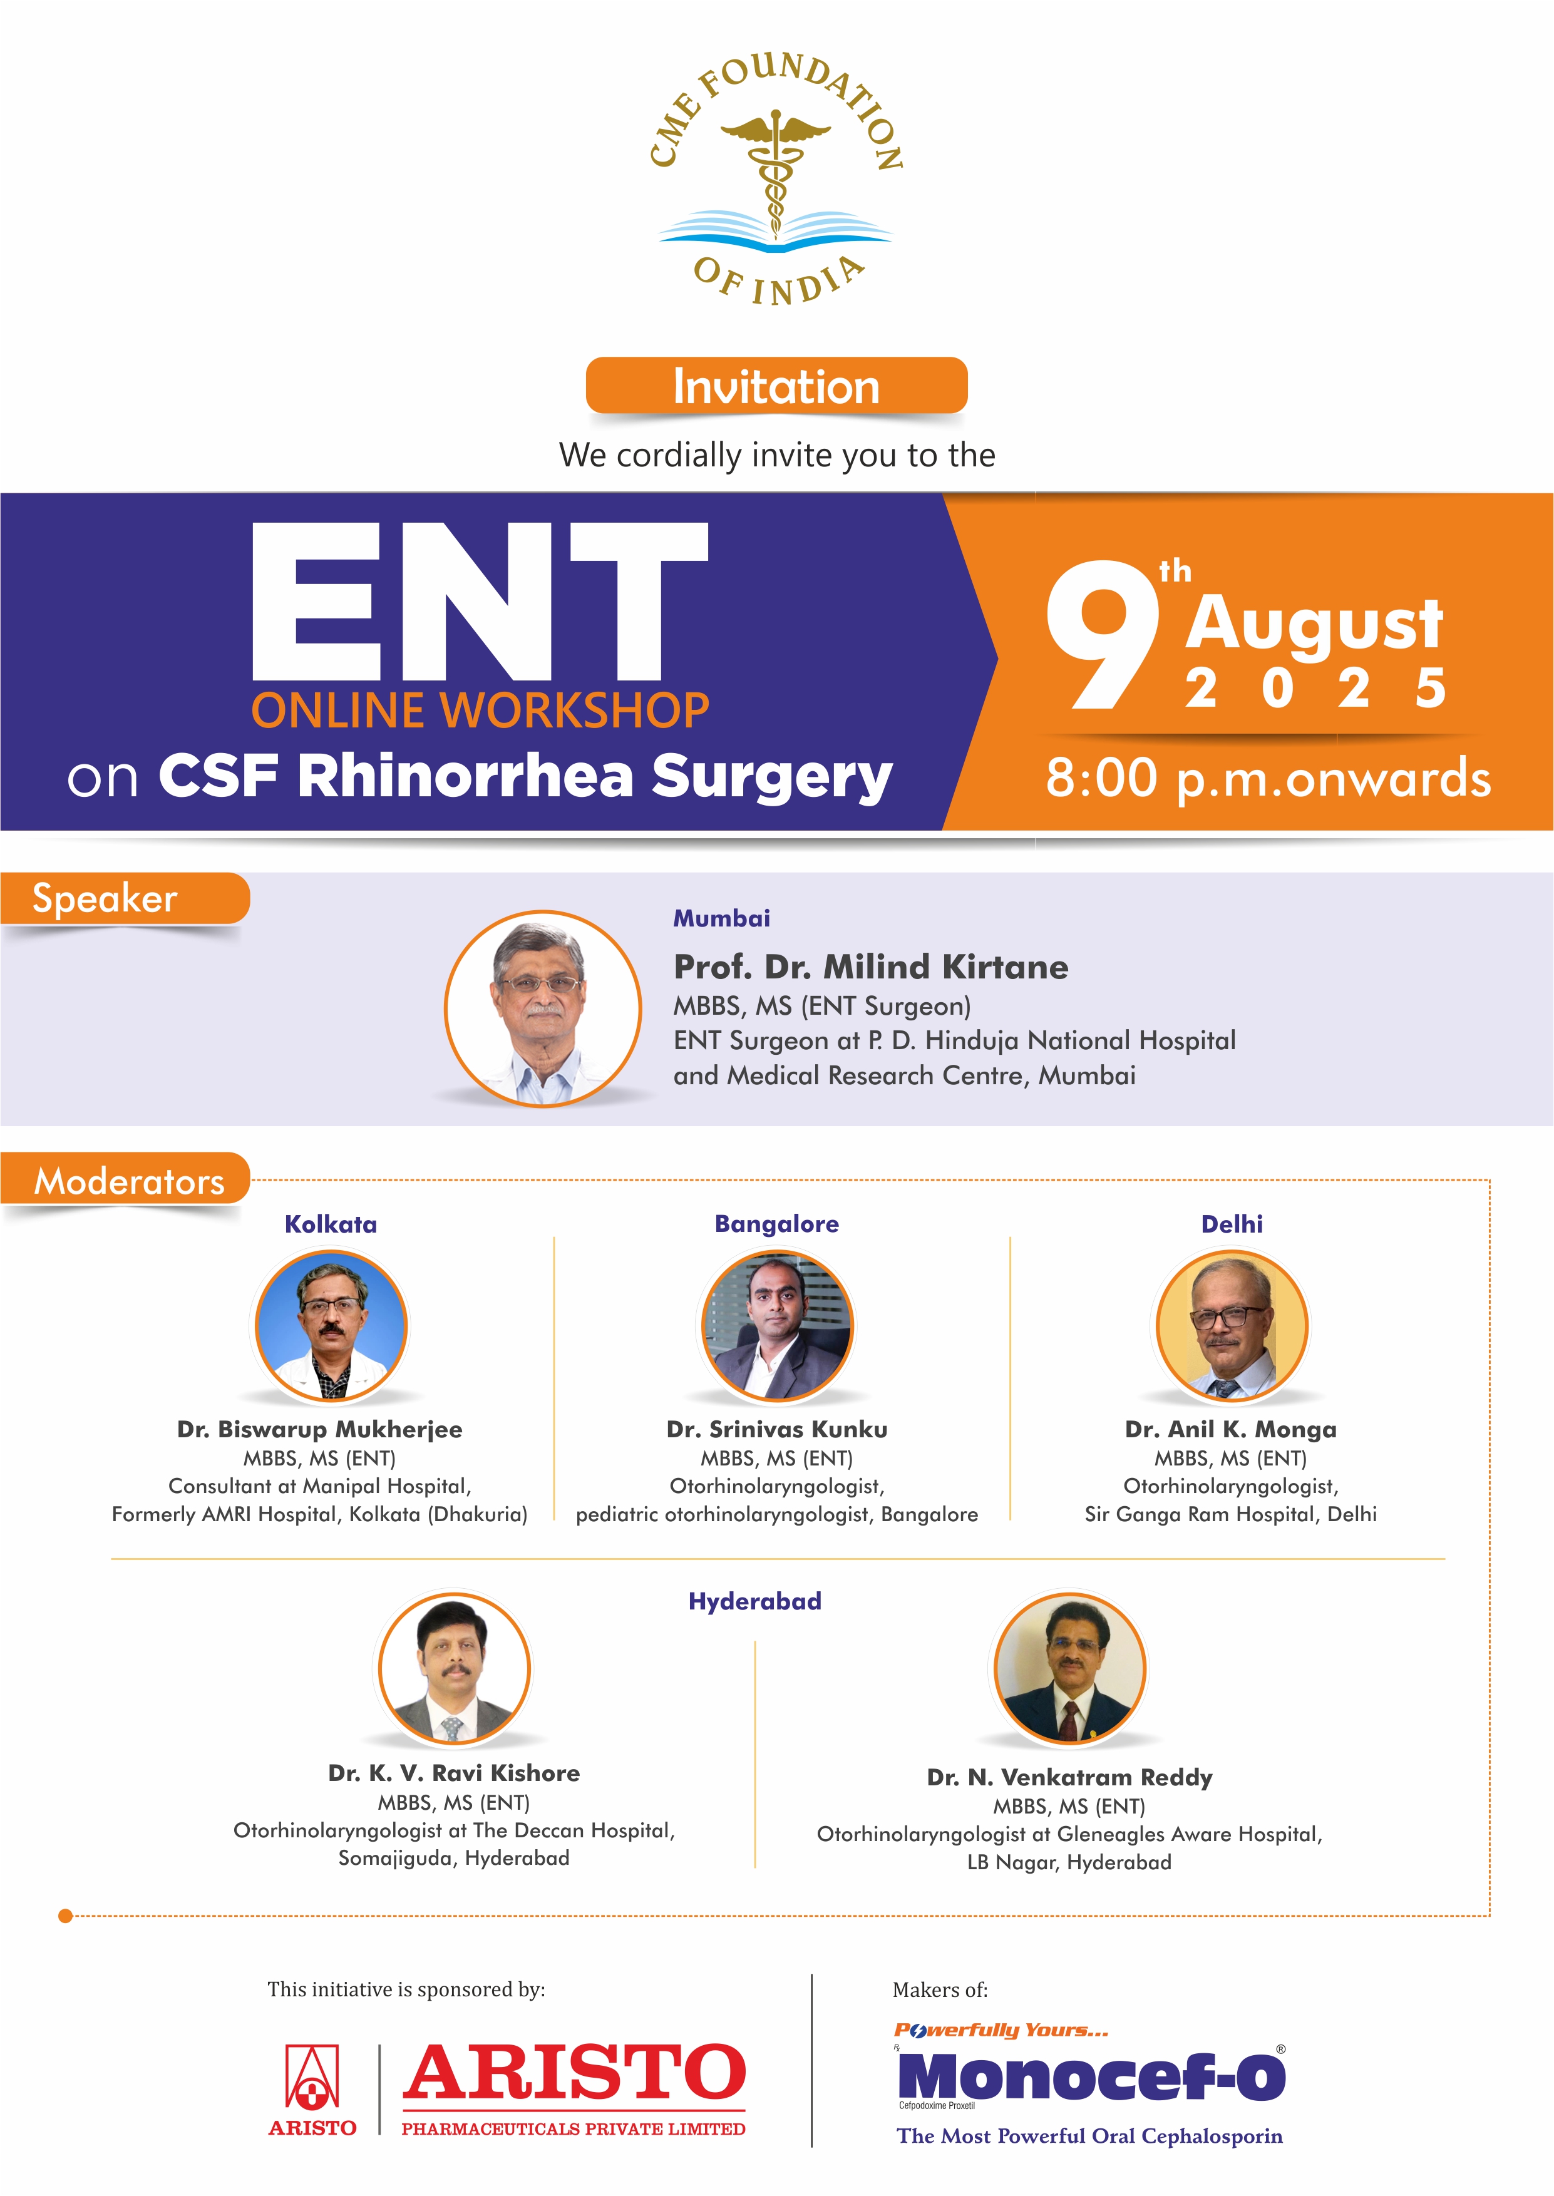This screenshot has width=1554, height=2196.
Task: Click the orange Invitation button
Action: click(x=776, y=386)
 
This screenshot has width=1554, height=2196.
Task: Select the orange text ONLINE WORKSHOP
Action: click(x=480, y=710)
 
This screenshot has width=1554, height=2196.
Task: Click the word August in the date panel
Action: click(x=1314, y=623)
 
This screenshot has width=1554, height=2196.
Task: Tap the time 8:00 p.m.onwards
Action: click(x=1268, y=777)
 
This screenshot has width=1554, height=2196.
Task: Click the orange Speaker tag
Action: click(x=125, y=899)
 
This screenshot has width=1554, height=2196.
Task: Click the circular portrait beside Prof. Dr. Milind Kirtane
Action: click(x=543, y=1009)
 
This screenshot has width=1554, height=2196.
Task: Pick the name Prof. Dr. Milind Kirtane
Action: click(x=871, y=967)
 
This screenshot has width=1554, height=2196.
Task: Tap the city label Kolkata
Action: click(x=331, y=1224)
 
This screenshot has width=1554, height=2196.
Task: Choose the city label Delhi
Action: click(x=1232, y=1224)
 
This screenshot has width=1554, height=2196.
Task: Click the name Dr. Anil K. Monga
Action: click(x=1230, y=1429)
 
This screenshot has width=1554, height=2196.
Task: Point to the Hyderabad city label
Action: click(x=755, y=1601)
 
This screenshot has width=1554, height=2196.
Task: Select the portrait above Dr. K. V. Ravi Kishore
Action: click(x=455, y=1668)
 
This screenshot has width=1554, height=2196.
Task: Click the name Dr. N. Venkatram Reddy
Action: click(x=1070, y=1777)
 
